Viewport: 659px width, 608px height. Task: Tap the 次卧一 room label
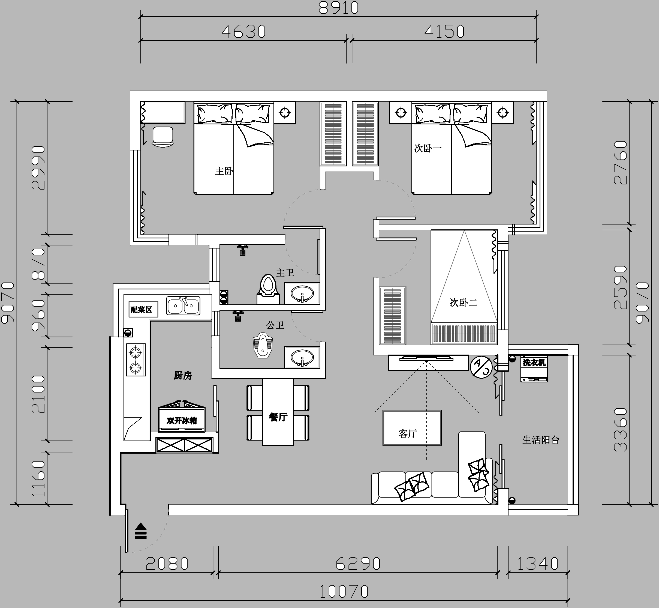coord(428,148)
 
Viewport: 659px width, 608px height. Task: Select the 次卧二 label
coord(463,302)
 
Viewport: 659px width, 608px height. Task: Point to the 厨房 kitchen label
coord(183,375)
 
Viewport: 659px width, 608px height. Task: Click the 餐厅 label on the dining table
coord(278,417)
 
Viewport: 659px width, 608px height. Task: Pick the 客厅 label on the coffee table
coord(408,434)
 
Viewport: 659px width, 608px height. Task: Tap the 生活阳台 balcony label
coord(541,440)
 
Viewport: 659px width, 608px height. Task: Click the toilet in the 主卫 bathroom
coord(268,289)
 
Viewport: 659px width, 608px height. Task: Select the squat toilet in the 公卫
coord(263,345)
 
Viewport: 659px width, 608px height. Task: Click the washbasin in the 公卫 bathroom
coord(302,357)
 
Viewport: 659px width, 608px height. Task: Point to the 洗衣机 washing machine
coord(534,369)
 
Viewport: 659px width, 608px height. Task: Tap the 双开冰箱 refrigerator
coord(182,416)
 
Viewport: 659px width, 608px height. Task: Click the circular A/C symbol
coord(482,367)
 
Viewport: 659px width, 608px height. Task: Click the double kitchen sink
coord(183,306)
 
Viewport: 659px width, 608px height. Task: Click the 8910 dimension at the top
coord(338,8)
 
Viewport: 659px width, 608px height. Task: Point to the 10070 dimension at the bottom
coord(344,592)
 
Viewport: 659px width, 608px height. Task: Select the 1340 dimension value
coord(538,564)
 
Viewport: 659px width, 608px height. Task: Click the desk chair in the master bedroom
coord(163,137)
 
